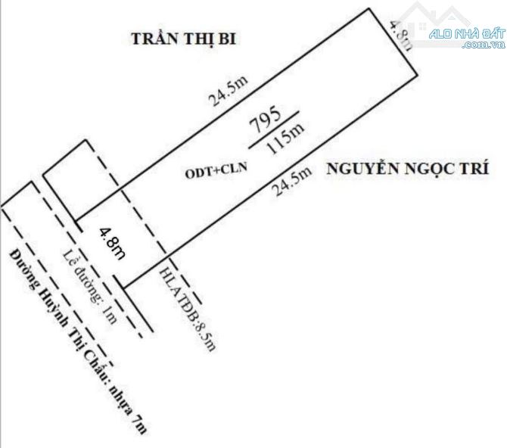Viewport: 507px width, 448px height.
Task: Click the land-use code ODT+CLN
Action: (x=216, y=172)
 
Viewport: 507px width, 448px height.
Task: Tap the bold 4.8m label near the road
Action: (x=111, y=244)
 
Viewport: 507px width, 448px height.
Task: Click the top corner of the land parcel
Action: (x=370, y=8)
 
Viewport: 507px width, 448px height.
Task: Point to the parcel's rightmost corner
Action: (x=418, y=74)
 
